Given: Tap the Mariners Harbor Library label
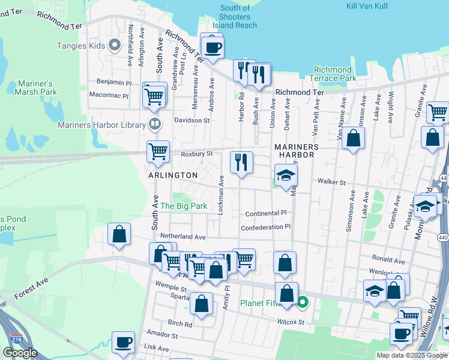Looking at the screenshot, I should click(101, 125).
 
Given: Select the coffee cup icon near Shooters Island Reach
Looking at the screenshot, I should click(212, 47).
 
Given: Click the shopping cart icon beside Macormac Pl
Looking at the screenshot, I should click(155, 95).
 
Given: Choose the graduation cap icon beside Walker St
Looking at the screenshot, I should click(286, 176).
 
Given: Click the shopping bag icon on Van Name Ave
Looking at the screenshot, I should click(354, 139).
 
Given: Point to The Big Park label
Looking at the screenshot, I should click(183, 206).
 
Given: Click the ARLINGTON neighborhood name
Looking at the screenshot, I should click(173, 175).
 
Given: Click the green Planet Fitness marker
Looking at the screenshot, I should click(303, 302).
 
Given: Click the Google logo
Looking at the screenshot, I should click(20, 353).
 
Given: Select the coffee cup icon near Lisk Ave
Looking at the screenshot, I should click(124, 343).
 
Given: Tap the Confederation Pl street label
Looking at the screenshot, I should click(265, 227).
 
